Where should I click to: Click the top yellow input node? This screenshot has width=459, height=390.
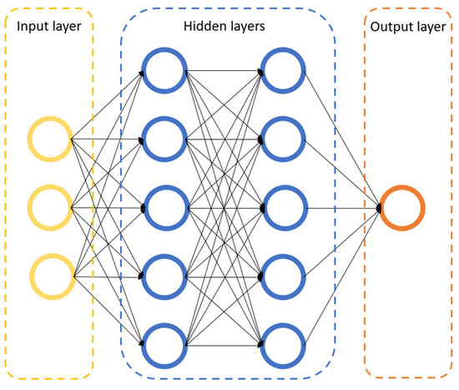tap(50, 139)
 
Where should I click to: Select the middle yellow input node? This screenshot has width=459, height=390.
tap(50, 206)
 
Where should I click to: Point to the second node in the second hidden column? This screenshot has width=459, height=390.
tap(284, 138)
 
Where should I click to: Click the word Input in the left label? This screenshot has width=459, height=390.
tap(29, 27)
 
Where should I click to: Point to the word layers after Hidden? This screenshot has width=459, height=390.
tap(246, 27)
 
